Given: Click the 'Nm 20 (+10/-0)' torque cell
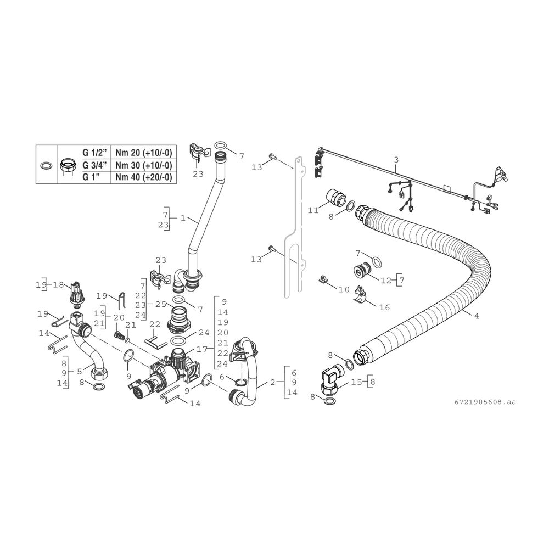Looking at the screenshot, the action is point(143,153).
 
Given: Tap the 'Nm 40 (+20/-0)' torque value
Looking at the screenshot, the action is point(143,177).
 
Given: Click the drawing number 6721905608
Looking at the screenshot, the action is point(484,402).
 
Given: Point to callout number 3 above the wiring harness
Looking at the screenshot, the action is point(396,160).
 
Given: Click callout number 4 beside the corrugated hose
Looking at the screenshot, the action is point(476,316).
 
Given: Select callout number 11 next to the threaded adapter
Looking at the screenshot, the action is point(313,210).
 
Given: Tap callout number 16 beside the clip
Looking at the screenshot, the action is point(384,307).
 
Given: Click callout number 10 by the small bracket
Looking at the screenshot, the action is point(344,289).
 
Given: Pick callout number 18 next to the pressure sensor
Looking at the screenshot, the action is point(59,284).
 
